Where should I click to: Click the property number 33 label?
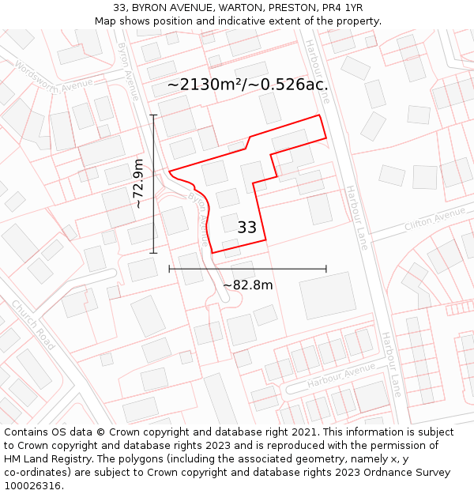(x=247, y=228)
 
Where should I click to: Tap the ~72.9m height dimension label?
(x=138, y=183)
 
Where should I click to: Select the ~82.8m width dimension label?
(x=248, y=285)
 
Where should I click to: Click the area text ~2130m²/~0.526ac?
(x=247, y=85)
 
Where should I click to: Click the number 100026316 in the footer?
(x=32, y=486)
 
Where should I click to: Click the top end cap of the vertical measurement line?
(x=153, y=115)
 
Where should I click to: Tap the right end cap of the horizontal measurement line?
(x=326, y=269)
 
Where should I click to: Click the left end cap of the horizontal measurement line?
(x=170, y=269)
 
